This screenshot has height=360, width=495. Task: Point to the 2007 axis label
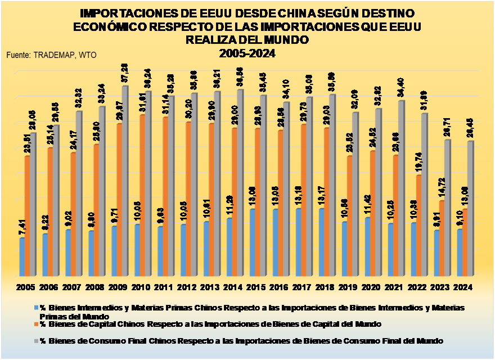coord(72,287)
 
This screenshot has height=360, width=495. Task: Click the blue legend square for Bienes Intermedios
coord(35,308)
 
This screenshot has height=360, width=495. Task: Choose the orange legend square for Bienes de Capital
coord(35,325)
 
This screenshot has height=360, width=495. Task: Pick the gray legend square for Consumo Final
coord(35,341)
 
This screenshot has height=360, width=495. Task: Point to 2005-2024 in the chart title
coord(247,53)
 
